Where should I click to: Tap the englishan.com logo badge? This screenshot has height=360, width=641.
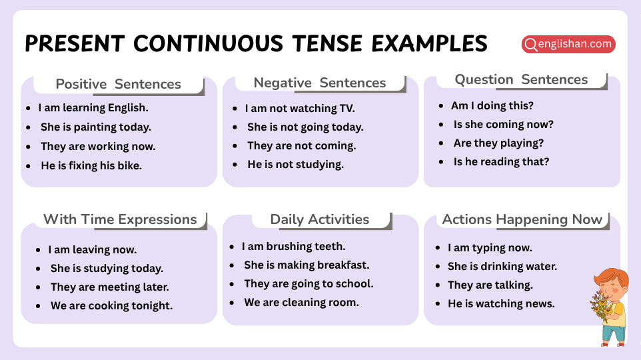tap(568, 45)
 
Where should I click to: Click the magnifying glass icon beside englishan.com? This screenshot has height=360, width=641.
tap(531, 45)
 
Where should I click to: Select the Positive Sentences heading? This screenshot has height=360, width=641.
tap(118, 84)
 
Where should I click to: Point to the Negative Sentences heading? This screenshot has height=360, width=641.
tap(319, 83)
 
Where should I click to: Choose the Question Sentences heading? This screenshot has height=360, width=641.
tap(521, 79)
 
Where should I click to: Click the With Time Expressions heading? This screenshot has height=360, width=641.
tap(120, 219)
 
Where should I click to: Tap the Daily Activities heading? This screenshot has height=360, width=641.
tap(319, 219)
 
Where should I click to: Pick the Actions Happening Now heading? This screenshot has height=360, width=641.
tap(522, 219)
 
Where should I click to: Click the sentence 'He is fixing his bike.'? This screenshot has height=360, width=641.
tap(91, 165)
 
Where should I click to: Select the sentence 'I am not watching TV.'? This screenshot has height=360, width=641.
tap(300, 108)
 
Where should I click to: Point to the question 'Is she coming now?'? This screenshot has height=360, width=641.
tap(503, 124)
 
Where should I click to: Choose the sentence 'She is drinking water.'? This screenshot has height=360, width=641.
tap(502, 266)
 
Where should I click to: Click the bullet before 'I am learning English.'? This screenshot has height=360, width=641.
tap(28, 107)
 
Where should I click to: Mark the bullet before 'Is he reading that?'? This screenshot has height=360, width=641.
tap(441, 162)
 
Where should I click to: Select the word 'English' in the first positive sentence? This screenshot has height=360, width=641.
tap(125, 107)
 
